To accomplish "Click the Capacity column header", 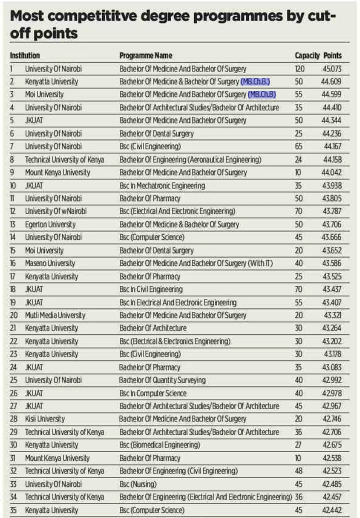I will tap(306, 55).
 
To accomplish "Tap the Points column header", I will tap(332, 55).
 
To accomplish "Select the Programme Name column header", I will tap(145, 55).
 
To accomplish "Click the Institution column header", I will tap(24, 55).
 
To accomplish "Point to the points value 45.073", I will tap(331, 68).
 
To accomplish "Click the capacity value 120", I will tap(299, 68).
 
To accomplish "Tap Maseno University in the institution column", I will tap(50, 263).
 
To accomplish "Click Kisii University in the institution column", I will tap(44, 419).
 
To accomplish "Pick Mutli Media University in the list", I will tap(55, 315).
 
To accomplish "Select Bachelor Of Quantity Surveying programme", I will tap(162, 380).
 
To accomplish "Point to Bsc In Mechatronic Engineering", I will tap(162, 185).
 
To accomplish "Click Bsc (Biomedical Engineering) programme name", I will tap(159, 445).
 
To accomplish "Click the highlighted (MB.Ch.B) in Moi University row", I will tap(262, 94).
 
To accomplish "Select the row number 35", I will tap(14, 510).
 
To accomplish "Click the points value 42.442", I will tap(331, 510).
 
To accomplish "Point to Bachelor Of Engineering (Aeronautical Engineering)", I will tap(190, 159).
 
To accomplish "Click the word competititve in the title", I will tap(80, 16).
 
